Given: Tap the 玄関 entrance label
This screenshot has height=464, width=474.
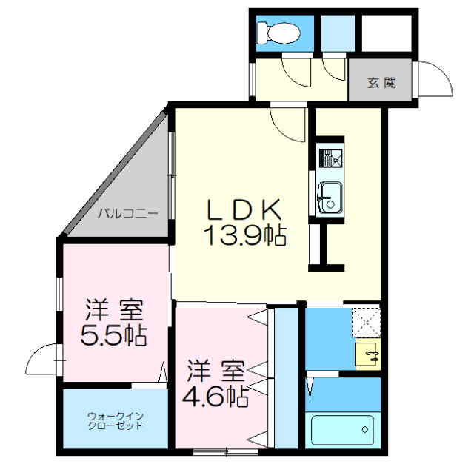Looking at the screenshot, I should (381, 81).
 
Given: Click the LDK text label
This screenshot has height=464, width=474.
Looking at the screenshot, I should (242, 210).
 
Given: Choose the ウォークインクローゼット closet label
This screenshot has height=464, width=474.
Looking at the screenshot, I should (115, 420).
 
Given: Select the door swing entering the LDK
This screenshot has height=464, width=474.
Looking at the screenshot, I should (289, 122).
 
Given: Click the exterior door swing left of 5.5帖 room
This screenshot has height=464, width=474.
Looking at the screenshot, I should (43, 360).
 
